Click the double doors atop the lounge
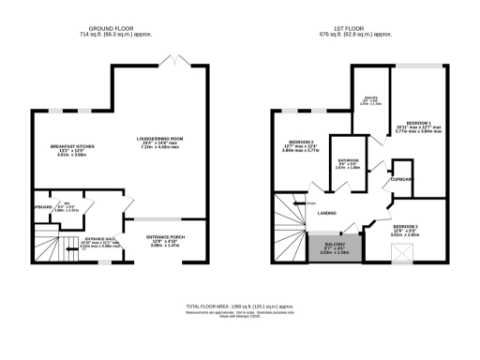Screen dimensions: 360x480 click(x=172, y=62)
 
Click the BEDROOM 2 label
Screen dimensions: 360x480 click(x=302, y=142)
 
